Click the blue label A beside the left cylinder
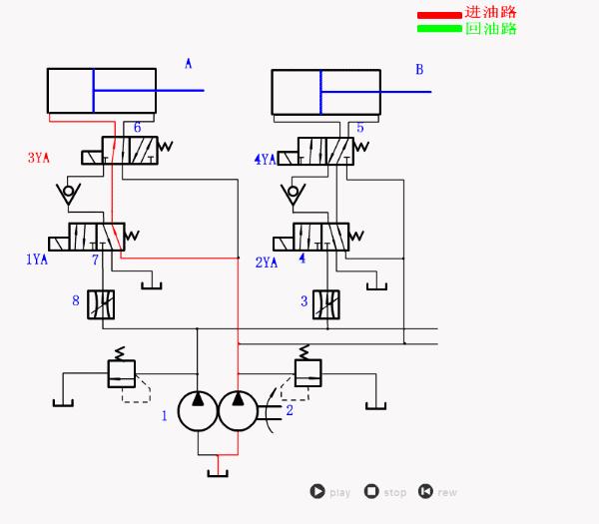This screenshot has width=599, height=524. [x=188, y=64]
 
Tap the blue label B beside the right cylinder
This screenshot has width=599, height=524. [x=419, y=69]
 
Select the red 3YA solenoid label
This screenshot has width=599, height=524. [x=39, y=158]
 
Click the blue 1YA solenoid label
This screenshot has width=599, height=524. [x=37, y=260]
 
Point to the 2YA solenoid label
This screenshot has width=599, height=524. [x=266, y=262]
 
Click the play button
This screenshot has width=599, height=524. [x=317, y=491]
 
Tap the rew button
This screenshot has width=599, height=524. [x=425, y=491]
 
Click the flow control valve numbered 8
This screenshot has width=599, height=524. [x=102, y=303]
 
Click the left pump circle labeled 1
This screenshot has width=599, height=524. [x=198, y=411]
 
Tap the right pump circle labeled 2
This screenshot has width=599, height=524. [x=238, y=411]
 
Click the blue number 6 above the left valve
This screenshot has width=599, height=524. [x=137, y=128]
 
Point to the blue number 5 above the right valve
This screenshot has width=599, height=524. [x=360, y=128]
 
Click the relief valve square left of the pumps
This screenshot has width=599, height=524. [x=121, y=374]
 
